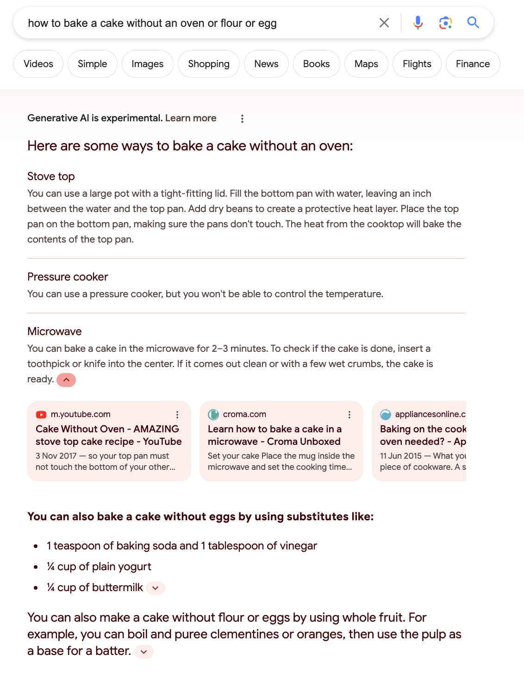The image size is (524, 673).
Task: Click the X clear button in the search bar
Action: pos(384,23)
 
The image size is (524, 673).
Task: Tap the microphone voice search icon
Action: pos(418,23)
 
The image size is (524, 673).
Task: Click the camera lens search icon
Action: pos(445,23)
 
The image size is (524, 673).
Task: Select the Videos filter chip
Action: pos(38,64)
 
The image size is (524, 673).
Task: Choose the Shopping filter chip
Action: pos(208,64)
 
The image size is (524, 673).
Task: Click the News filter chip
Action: pos(266,64)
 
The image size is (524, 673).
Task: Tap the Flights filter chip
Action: pos(417,64)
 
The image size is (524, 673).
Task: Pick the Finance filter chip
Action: pos(472,64)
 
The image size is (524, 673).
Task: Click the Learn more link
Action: pos(191,118)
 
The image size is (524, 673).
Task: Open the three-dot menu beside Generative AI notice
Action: pos(242,118)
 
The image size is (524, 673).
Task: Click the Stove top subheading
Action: pos(51,176)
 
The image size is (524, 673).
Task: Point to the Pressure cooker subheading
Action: pos(68,277)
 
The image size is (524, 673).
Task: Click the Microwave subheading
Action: pos(55,331)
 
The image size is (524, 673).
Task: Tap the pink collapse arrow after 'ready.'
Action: pos(66,380)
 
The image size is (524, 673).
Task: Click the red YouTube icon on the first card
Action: pos(41,414)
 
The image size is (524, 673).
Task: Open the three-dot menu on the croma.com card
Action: pos(349,415)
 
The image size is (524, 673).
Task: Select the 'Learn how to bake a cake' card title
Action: pos(274,435)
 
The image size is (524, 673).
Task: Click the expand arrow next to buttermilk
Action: pos(156,588)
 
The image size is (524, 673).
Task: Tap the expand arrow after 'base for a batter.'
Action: pos(144,652)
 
